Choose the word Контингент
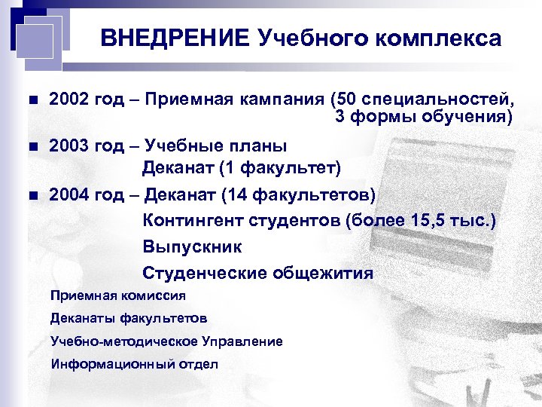click(191, 222)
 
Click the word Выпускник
click(192, 247)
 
